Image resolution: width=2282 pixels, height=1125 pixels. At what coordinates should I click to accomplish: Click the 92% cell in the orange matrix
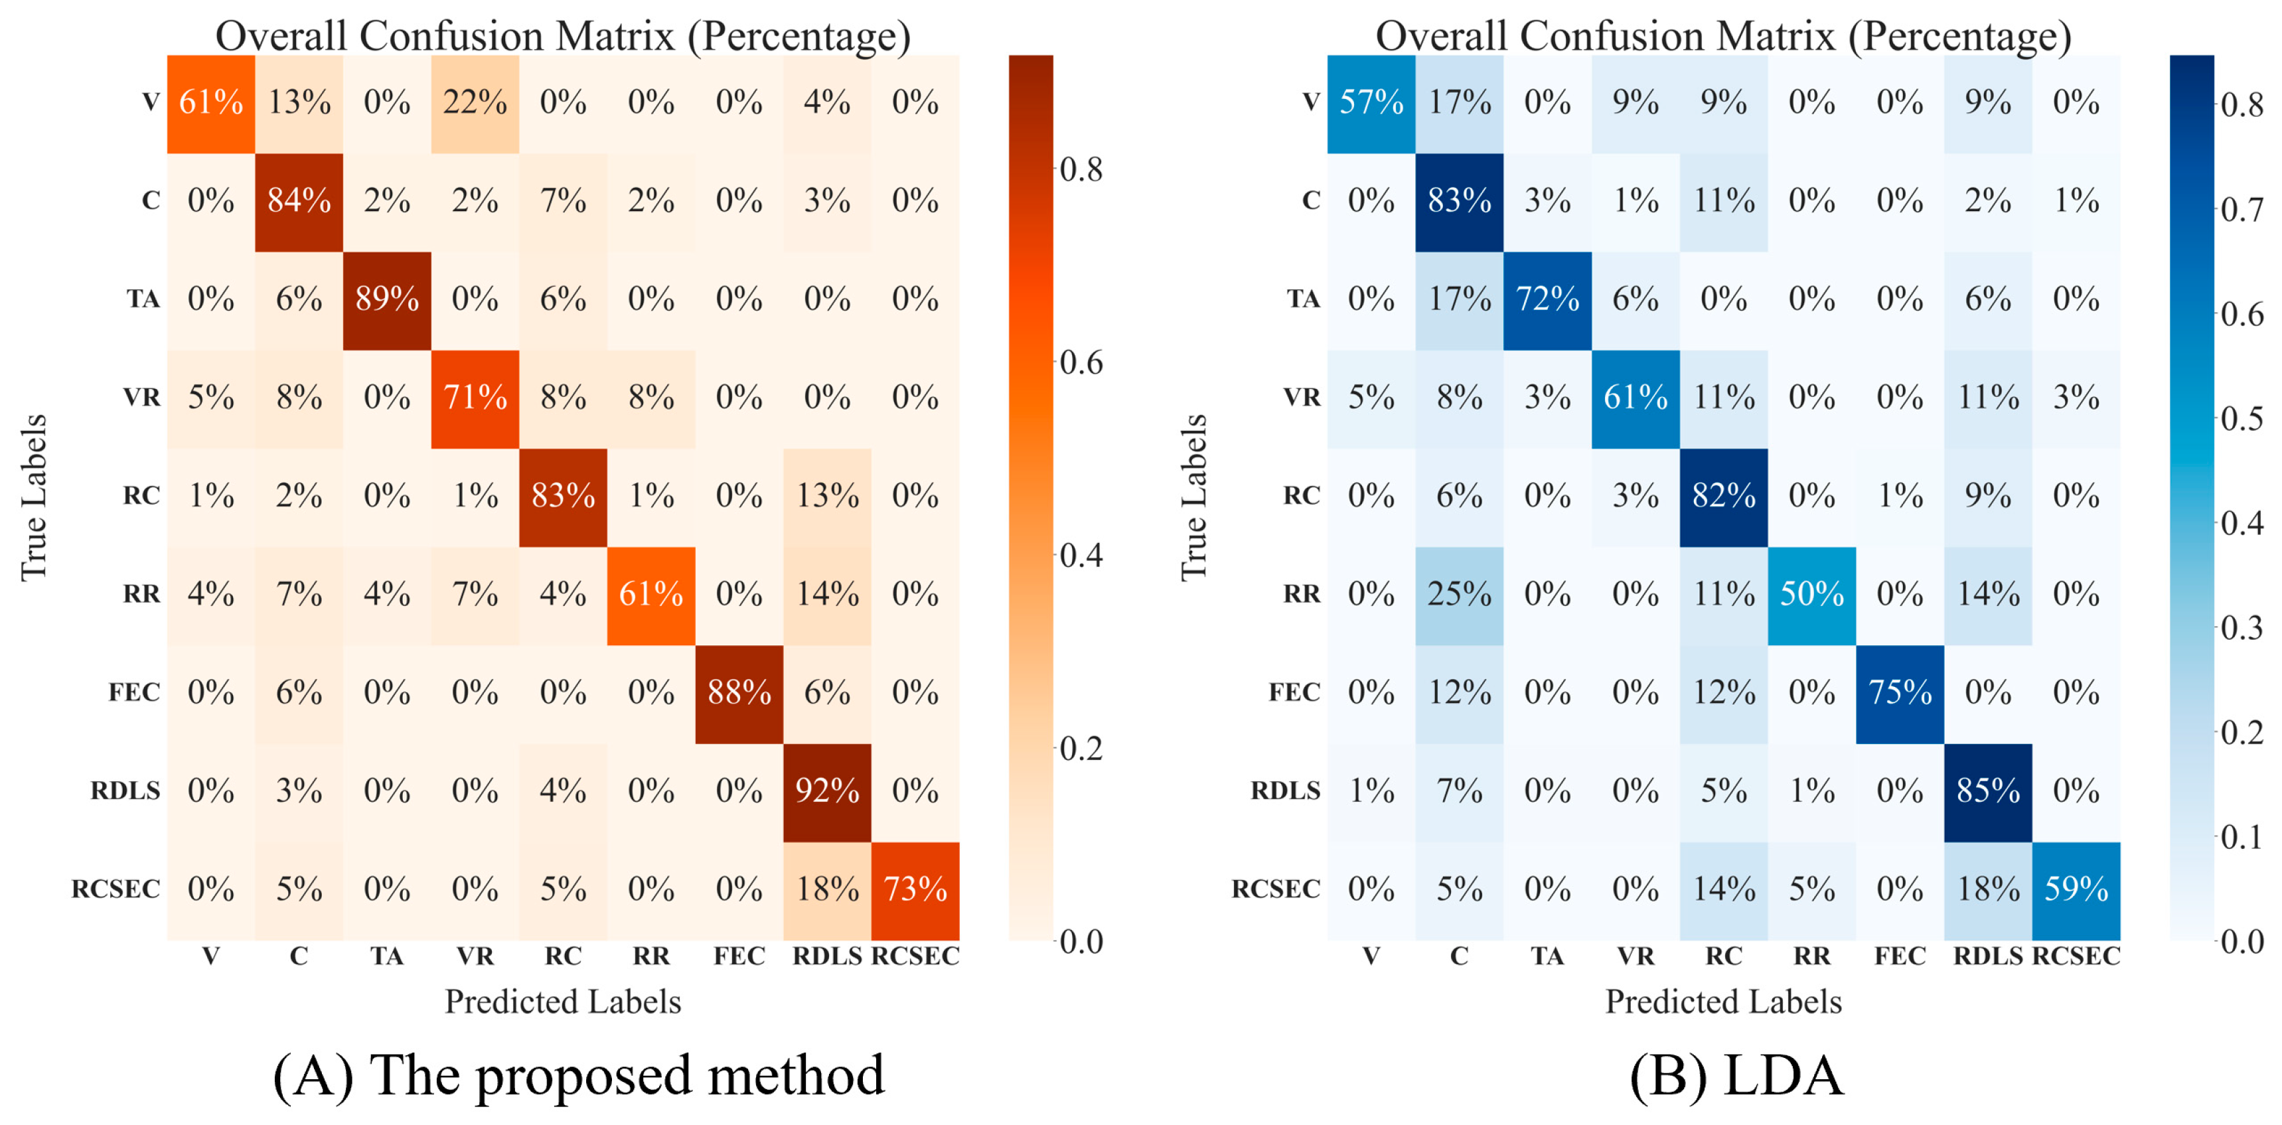click(x=826, y=791)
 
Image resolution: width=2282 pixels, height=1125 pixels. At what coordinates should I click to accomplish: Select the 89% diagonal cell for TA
click(x=387, y=299)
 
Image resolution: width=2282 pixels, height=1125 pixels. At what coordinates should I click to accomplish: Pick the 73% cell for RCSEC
click(x=915, y=889)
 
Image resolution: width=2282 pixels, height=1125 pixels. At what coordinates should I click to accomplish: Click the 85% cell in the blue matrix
click(x=1988, y=791)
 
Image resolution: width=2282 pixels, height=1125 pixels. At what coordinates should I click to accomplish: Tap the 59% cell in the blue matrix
click(x=2076, y=889)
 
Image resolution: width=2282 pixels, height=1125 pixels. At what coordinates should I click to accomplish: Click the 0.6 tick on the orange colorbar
click(x=1081, y=362)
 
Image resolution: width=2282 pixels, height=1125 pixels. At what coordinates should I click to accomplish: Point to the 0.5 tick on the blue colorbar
click(x=2242, y=419)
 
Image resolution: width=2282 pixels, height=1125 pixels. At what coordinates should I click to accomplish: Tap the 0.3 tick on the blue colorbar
click(x=2242, y=628)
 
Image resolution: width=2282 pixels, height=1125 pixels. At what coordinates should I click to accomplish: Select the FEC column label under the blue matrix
click(x=1899, y=956)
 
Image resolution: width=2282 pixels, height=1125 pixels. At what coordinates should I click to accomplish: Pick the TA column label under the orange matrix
click(x=387, y=956)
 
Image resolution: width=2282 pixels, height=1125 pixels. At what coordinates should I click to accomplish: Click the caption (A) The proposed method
click(x=579, y=1075)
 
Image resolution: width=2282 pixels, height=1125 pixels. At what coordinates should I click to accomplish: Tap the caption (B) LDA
click(x=1736, y=1075)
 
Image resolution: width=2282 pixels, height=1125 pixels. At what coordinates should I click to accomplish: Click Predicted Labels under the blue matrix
click(x=1723, y=1002)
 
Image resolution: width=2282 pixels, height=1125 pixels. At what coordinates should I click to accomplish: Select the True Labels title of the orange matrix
click(x=34, y=497)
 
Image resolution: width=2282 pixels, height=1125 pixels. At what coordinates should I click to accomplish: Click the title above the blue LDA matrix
click(x=1723, y=35)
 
